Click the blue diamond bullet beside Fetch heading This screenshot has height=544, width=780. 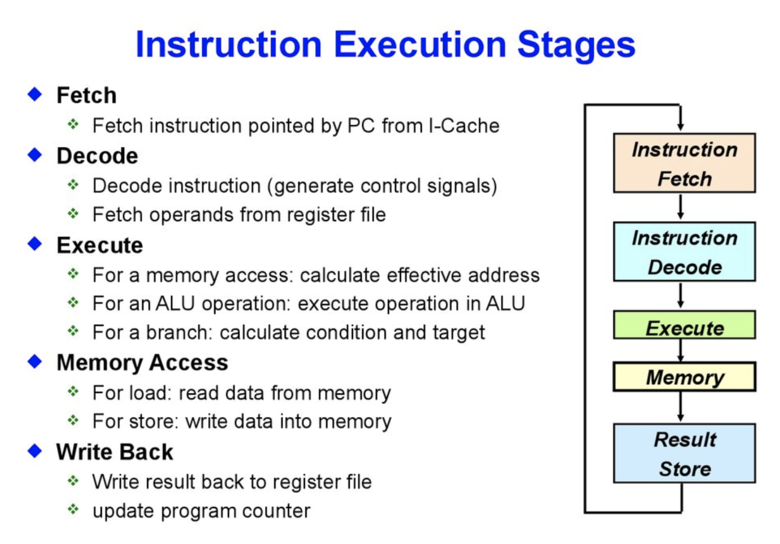[35, 94]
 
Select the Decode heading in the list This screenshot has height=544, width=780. [97, 156]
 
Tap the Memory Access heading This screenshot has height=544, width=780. [142, 363]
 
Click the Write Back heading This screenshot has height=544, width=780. [115, 452]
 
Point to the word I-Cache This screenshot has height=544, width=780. [464, 126]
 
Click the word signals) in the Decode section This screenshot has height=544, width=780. [462, 186]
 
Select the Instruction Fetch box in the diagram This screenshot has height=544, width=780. [684, 163]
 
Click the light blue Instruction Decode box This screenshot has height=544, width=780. [684, 252]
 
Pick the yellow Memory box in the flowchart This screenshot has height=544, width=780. [684, 377]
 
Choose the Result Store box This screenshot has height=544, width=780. [684, 453]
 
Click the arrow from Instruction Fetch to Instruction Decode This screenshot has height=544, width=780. [680, 207]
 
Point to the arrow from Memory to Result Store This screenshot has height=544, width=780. [680, 407]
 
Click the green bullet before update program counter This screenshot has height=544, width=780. [73, 509]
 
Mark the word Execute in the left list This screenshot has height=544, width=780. [100, 246]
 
